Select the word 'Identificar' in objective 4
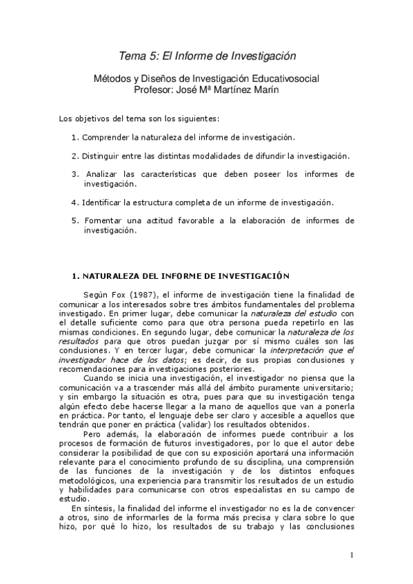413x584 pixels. click(103, 202)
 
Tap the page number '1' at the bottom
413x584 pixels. click(351, 556)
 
